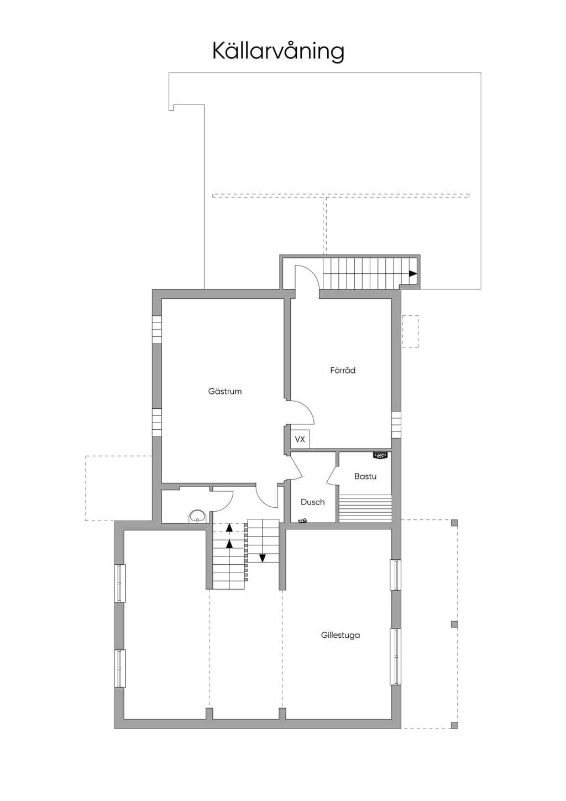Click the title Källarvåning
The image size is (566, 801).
click(279, 51)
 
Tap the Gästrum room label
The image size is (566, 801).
click(225, 391)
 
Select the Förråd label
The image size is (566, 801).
click(343, 370)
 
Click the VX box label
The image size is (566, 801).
click(300, 439)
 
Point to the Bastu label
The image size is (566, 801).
click(365, 476)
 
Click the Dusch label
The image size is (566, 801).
click(313, 502)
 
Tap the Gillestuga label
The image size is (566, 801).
click(340, 635)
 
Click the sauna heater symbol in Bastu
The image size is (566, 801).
click(380, 455)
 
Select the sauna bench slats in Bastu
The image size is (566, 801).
click(365, 508)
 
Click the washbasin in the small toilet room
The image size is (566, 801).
click(197, 516)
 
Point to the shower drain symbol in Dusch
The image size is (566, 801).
click(303, 521)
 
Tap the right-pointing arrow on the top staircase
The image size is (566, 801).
click(413, 274)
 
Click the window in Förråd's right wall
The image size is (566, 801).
click(396, 425)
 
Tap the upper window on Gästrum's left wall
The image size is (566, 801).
click(157, 329)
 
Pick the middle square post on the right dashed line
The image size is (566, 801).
click(454, 624)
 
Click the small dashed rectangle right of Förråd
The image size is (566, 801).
click(410, 331)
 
